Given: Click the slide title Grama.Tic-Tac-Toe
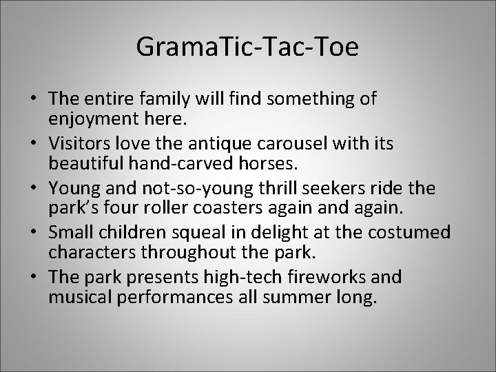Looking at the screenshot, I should [247, 46].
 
